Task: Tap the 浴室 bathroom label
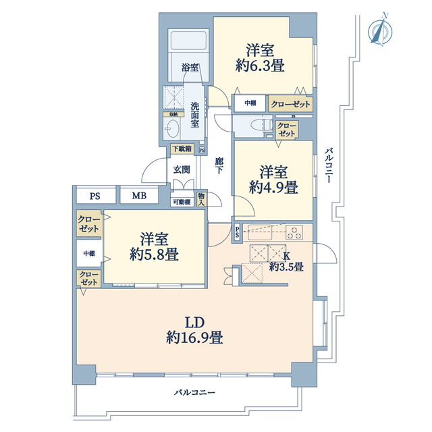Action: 190,67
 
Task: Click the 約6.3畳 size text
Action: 259,65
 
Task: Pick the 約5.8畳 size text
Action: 154,255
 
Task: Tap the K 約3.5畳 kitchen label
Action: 286,261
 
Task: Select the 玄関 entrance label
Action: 180,170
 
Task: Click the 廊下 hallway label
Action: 219,167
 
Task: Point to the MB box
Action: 139,196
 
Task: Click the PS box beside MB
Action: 95,196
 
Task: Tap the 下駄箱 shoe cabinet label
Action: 181,148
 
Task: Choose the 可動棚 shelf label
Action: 181,201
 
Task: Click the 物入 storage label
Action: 200,198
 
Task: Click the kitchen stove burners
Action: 295,234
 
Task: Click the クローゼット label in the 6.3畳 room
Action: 290,104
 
